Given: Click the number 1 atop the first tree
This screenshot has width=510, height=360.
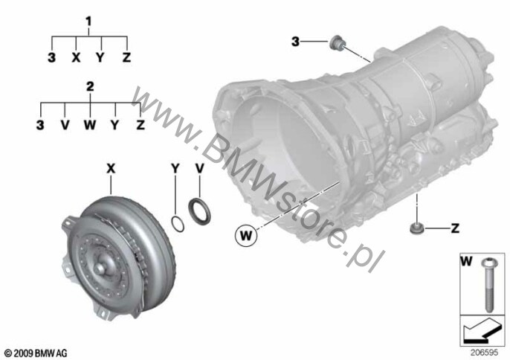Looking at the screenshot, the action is point(88,22).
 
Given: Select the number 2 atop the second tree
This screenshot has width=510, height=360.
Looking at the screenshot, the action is point(90,86).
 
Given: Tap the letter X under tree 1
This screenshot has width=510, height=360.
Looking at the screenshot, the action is point(76,57).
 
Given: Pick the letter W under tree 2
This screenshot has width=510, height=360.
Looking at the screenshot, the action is point(90,125).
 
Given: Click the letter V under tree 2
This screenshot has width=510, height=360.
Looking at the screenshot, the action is point(65,125).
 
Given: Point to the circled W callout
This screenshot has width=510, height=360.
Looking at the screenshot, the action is point(246,235).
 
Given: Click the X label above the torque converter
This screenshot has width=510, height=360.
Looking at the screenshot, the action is point(112,169).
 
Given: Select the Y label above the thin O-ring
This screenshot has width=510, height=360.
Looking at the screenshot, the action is point(175,169).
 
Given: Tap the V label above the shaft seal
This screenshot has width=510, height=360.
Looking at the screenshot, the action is point(199,169).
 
